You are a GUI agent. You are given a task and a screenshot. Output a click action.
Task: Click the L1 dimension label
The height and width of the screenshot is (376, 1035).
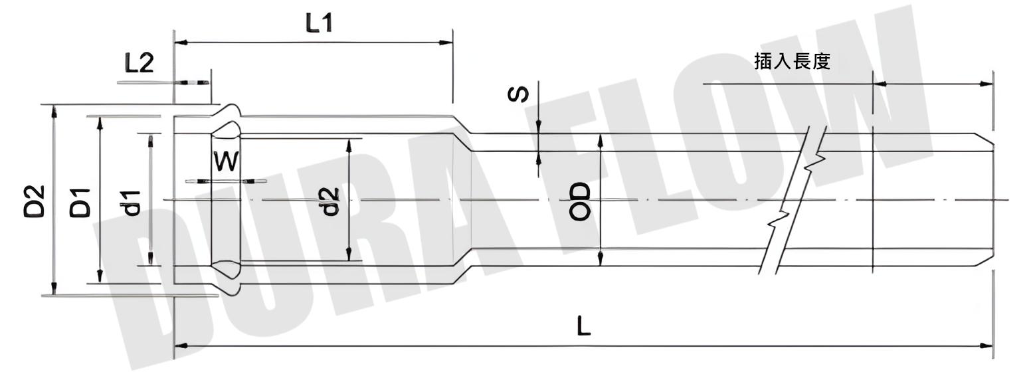(319, 23)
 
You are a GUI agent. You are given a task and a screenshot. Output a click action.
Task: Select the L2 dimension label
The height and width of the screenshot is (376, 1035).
(140, 63)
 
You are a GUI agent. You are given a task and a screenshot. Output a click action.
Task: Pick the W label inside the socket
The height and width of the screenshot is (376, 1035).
(225, 161)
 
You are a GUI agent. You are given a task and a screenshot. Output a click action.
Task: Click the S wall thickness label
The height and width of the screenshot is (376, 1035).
(519, 94)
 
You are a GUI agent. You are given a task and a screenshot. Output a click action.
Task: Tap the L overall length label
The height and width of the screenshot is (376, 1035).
(583, 326)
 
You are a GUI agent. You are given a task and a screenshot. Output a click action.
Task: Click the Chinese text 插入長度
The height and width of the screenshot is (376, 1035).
(793, 62)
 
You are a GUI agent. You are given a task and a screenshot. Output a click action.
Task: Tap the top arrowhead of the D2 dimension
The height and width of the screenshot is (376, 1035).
(54, 110)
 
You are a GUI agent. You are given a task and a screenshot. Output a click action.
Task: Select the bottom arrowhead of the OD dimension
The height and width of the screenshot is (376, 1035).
(601, 260)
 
